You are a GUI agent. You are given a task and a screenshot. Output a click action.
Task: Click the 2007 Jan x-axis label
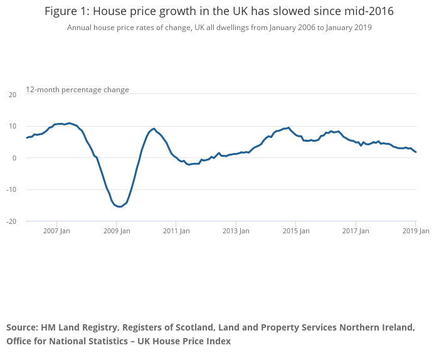tap(56, 231)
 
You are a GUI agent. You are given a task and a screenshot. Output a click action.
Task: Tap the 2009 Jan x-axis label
tap(116, 231)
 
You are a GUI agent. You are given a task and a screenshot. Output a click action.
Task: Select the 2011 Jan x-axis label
tap(176, 231)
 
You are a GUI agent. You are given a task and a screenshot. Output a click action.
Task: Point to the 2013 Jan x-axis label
tap(236, 231)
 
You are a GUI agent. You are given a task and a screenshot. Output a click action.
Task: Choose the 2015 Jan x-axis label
tap(296, 231)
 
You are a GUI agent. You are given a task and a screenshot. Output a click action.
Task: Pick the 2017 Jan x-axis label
tap(356, 231)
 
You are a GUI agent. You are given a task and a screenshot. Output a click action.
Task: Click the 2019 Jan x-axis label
tap(415, 231)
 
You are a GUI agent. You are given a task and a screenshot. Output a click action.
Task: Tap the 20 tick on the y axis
tap(13, 95)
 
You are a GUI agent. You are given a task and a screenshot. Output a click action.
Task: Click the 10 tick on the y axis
tap(13, 126)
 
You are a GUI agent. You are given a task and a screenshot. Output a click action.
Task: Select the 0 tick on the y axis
tap(14, 158)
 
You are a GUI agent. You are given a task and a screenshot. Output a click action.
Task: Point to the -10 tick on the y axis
tap(11, 189)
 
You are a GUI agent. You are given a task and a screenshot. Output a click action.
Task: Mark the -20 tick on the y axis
tap(11, 221)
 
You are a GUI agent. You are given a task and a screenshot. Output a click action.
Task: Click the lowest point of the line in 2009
tap(119, 207)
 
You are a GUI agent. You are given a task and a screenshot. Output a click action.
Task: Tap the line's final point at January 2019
tap(416, 152)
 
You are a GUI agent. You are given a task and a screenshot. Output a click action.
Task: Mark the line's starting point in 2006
tap(26, 137)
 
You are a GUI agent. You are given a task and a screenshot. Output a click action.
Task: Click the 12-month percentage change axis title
tap(77, 90)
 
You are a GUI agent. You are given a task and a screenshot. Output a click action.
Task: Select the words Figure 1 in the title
tap(65, 11)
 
